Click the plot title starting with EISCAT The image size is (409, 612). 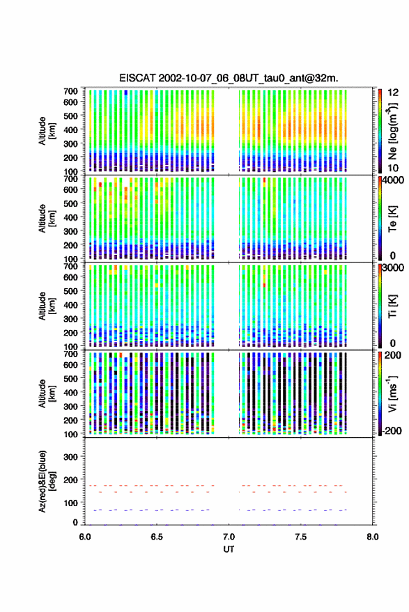(x=229, y=78)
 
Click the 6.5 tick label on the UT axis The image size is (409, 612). (x=157, y=537)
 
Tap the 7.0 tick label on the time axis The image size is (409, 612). (x=229, y=537)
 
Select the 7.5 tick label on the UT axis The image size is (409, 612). (x=301, y=537)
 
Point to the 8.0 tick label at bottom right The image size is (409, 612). (x=373, y=537)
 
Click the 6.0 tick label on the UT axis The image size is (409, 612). (x=85, y=537)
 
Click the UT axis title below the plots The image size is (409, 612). (x=229, y=549)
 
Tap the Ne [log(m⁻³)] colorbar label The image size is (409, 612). (x=392, y=131)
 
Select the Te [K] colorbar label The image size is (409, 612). (x=392, y=219)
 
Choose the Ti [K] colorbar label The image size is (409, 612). (x=392, y=306)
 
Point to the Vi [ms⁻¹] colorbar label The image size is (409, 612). (x=392, y=393)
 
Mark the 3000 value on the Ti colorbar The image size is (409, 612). (x=394, y=268)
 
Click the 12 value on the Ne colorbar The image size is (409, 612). (x=393, y=93)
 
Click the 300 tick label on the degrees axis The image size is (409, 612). (x=71, y=457)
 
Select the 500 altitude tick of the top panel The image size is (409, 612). (x=70, y=116)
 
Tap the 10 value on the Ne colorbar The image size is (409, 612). (x=393, y=168)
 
